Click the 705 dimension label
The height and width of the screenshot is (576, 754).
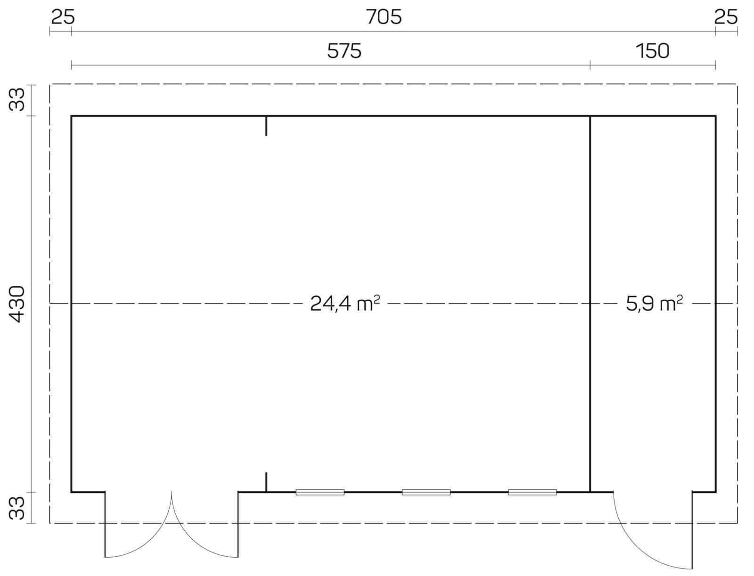coord(384,17)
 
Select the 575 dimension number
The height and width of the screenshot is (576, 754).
coord(344,51)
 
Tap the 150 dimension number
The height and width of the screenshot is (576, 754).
coord(653,51)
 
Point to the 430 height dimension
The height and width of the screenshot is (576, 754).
coord(17,304)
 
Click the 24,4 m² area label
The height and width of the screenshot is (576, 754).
coord(345,304)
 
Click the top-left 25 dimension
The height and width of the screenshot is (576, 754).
coord(63,17)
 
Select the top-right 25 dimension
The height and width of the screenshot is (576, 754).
coord(725,17)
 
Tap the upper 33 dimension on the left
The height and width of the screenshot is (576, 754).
coord(17,99)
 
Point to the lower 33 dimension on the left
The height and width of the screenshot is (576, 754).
coord(17,508)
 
